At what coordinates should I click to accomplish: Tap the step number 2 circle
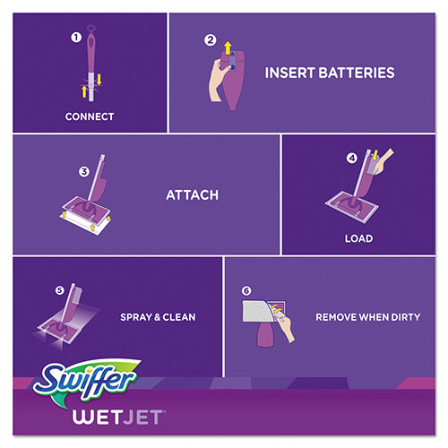point(211,39)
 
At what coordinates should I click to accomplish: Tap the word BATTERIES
point(349,72)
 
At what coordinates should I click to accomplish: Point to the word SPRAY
point(139,317)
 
